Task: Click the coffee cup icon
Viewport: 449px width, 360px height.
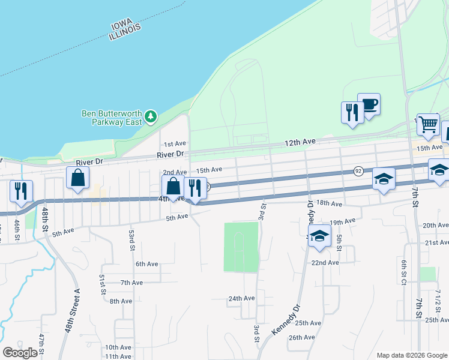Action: point(369,105)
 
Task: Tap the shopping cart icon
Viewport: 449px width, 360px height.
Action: point(428,125)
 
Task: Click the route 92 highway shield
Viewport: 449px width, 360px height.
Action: point(358,170)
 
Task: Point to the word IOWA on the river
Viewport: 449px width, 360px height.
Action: point(125,26)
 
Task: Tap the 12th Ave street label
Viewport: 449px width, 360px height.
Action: point(300,142)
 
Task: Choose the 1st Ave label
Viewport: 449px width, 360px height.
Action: point(175,144)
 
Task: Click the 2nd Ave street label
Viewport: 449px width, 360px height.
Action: point(175,172)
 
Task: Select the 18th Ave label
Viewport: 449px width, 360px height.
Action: point(328,204)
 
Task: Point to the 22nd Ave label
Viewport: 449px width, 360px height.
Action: point(325,262)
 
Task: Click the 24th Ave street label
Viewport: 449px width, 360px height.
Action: point(242,298)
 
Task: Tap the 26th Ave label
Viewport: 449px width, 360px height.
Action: point(302,337)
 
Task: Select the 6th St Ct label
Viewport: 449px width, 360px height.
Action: point(405,272)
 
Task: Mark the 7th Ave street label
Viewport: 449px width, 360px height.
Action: point(131,283)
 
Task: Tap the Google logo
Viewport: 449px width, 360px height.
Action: point(20,353)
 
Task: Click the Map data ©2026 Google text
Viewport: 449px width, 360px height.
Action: point(411,355)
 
